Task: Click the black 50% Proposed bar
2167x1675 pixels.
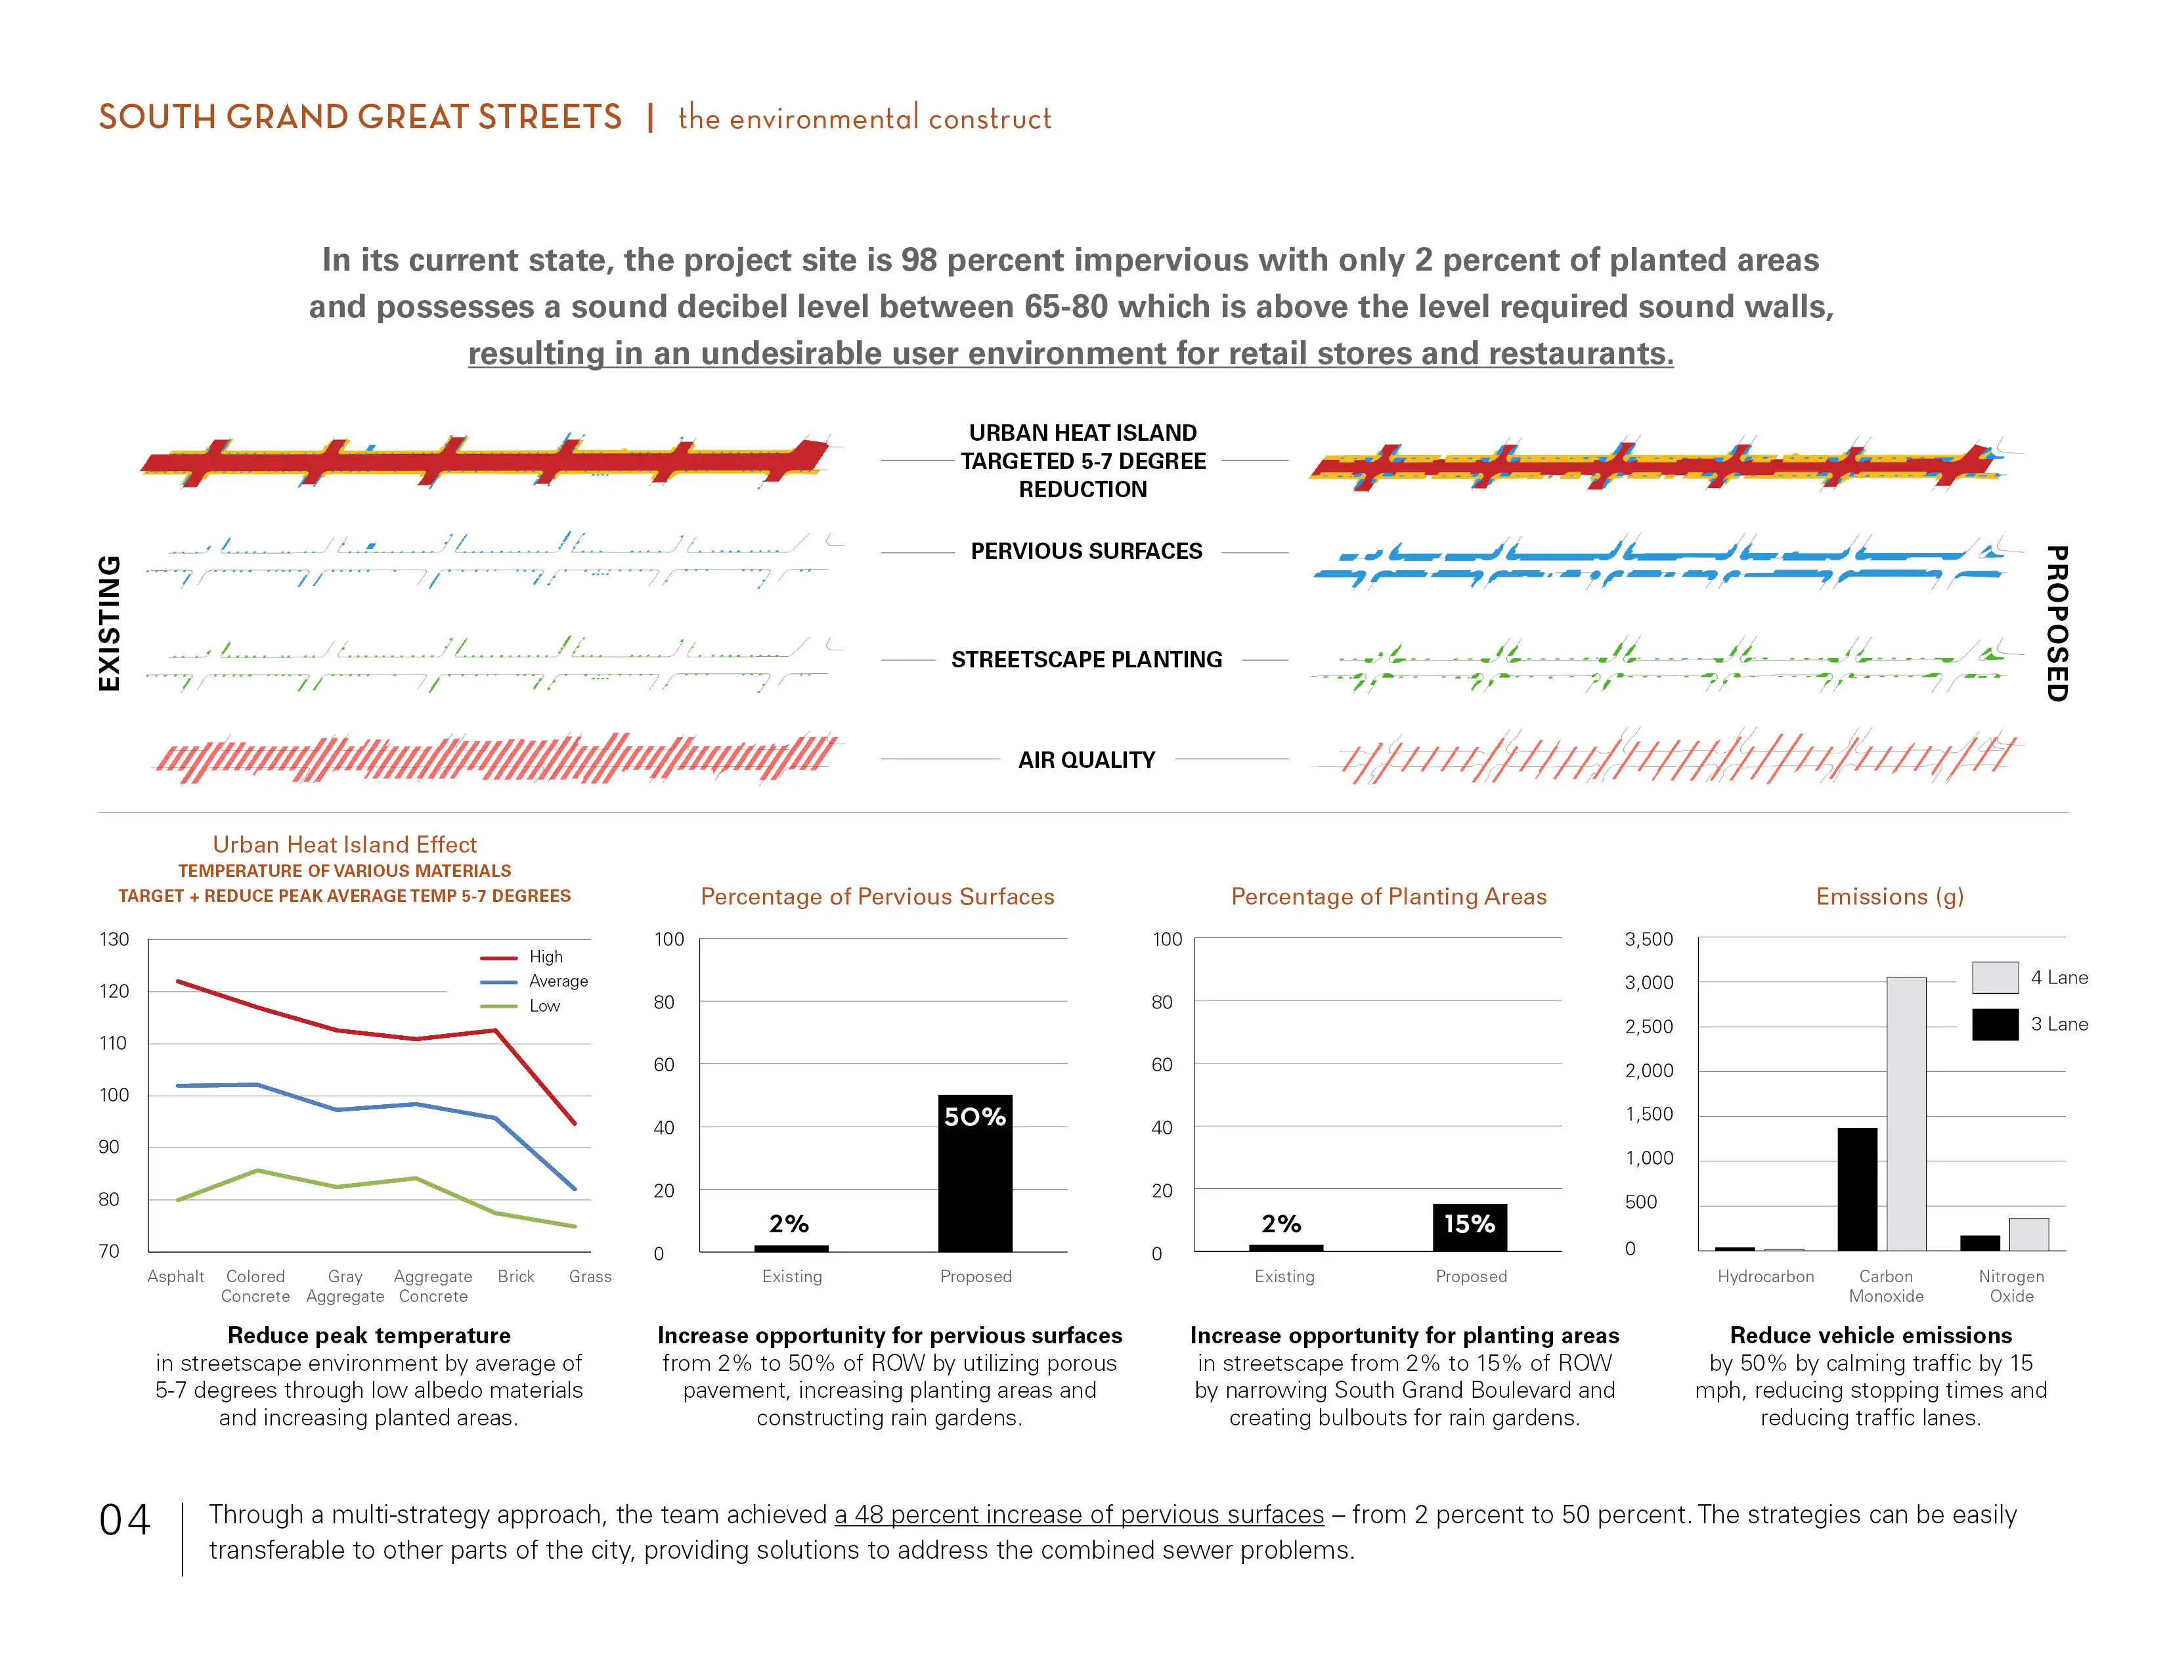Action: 975,1173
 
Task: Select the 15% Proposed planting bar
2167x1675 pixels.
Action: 1470,1228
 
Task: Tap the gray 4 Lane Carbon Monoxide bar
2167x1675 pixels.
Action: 1906,1113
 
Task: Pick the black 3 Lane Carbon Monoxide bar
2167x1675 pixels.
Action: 1858,1189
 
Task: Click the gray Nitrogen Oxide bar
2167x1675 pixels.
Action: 2029,1234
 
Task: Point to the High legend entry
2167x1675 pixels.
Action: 522,956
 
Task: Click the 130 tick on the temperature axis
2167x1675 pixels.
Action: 114,939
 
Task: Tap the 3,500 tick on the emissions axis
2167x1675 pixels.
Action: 1648,939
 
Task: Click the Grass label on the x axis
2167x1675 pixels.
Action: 590,1276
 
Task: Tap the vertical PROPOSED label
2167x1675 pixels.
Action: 2057,623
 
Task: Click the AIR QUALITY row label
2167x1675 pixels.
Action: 1087,760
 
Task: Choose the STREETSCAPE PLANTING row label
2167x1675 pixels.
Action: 1087,660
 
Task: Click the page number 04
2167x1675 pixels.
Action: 125,1520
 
